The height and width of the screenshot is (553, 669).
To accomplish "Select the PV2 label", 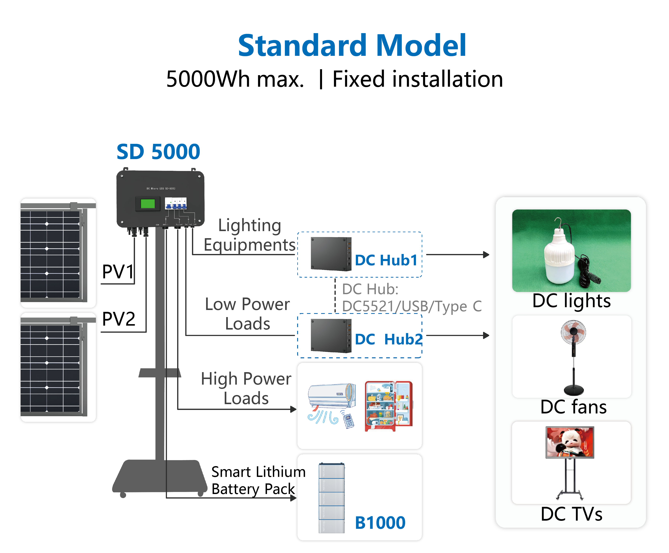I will [x=118, y=319].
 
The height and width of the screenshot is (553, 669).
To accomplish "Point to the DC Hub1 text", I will [x=386, y=260].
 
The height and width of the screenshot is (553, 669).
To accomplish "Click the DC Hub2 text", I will [x=388, y=339].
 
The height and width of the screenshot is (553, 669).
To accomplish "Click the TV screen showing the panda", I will [x=570, y=442].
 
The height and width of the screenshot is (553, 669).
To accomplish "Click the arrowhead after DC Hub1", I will [x=486, y=255].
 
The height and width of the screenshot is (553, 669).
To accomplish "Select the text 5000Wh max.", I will [x=235, y=79].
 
